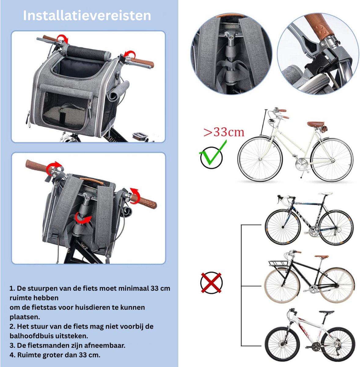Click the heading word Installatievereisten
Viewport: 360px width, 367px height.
coord(87,15)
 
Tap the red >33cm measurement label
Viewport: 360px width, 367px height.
coord(224,132)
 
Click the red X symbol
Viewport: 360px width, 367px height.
coord(211,283)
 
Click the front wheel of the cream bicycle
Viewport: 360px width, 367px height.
coord(260,159)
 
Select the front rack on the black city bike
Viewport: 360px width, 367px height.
coord(277,263)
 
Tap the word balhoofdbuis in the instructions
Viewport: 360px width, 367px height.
coord(31,336)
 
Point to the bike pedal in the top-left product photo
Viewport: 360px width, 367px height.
coord(140,135)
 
